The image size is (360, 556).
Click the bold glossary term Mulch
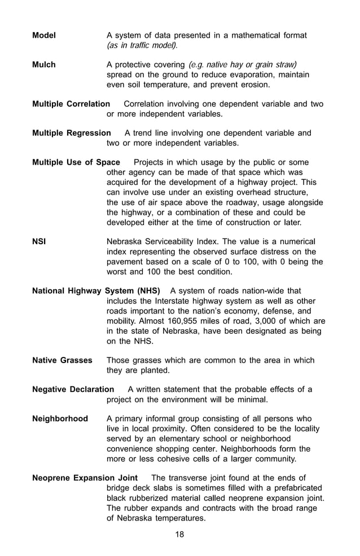[44, 65]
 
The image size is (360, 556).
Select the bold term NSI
[39, 241]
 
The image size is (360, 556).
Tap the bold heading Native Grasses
[62, 360]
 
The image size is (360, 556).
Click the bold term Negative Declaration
[73, 390]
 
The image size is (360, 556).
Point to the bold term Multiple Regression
[72, 133]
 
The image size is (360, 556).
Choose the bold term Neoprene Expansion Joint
[85, 478]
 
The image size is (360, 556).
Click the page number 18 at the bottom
[179, 535]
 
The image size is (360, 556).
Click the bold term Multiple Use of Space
[76, 162]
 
